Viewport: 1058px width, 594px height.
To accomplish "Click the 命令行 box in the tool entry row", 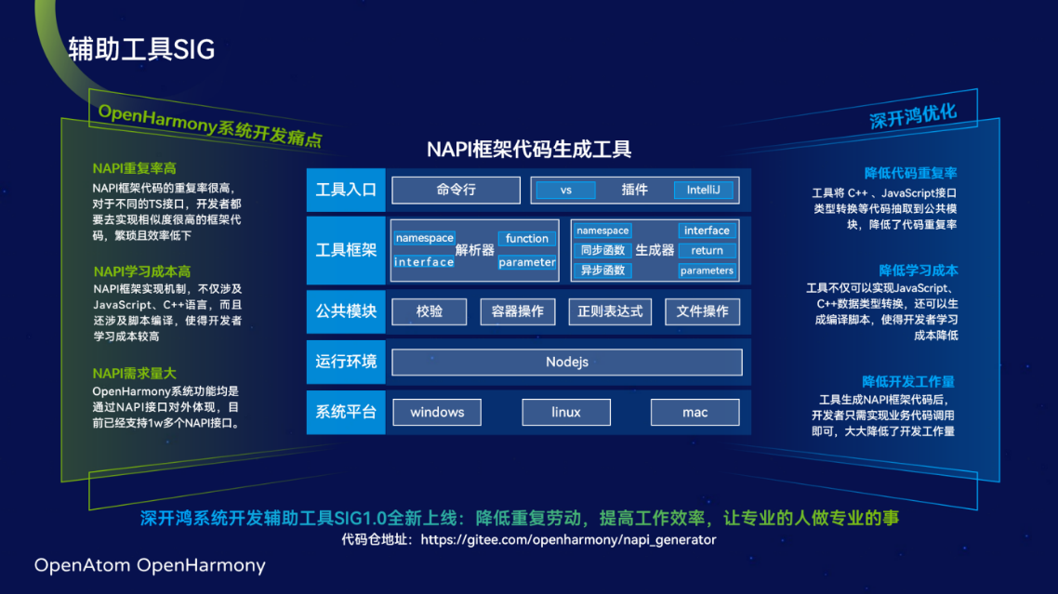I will click(456, 190).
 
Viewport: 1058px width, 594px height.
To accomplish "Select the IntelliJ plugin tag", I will click(704, 190).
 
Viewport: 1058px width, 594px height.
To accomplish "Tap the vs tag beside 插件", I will click(566, 190).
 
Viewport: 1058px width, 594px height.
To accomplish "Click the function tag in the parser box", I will click(527, 239).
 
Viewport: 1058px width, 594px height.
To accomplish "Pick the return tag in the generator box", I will click(707, 251).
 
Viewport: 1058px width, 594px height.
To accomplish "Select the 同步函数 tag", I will click(602, 251).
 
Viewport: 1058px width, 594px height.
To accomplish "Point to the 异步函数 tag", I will click(602, 271).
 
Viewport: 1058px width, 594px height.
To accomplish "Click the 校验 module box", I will click(429, 311).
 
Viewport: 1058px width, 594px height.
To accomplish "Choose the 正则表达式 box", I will click(610, 311).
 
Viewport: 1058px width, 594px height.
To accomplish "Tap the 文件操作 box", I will click(702, 311).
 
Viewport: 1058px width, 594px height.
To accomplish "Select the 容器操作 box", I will click(518, 311).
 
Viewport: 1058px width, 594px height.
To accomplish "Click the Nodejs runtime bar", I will click(566, 362).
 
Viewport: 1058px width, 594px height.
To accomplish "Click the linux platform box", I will click(566, 412).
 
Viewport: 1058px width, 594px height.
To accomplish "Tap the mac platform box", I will click(694, 412).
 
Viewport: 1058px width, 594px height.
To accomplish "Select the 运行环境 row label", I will click(346, 362).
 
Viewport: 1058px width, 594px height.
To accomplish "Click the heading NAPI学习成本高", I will click(142, 271).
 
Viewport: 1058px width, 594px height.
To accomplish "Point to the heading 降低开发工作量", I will click(907, 381).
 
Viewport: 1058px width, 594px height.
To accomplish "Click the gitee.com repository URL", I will click(568, 539).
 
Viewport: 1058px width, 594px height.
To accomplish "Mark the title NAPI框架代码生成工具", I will click(529, 149).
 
